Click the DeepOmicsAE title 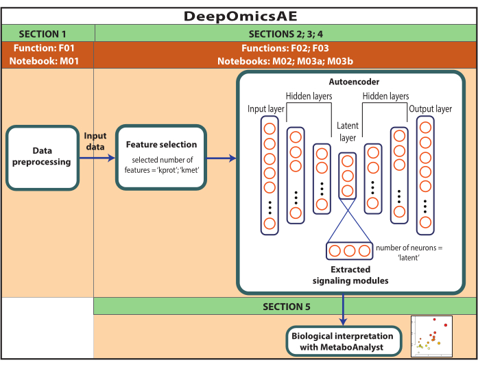[238, 16]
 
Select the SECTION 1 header [47, 34]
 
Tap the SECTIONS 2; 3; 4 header [285, 34]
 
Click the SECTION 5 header [285, 307]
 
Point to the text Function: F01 [47, 49]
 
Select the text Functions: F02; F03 [285, 49]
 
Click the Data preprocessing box [42, 157]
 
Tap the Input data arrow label [95, 141]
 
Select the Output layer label [430, 109]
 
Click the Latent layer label [347, 132]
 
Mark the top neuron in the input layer [270, 128]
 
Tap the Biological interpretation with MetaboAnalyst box [343, 341]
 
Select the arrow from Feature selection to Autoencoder [219, 158]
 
